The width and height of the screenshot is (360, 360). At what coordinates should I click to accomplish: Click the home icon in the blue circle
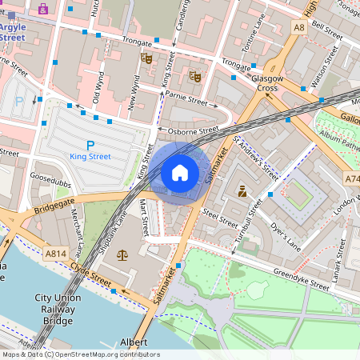point(180,172)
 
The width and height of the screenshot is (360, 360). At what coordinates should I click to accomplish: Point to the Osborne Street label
point(193,130)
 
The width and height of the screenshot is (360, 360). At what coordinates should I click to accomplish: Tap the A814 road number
point(55,254)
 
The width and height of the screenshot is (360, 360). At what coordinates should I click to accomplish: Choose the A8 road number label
point(299,27)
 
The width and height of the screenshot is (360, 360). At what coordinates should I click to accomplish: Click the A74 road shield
point(352,179)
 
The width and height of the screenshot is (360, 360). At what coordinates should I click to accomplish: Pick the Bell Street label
point(328,26)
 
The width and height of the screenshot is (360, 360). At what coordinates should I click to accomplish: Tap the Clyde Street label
point(90,274)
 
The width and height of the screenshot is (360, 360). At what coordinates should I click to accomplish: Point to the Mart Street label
point(146,217)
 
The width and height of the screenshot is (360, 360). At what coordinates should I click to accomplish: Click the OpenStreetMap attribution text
point(80,354)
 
